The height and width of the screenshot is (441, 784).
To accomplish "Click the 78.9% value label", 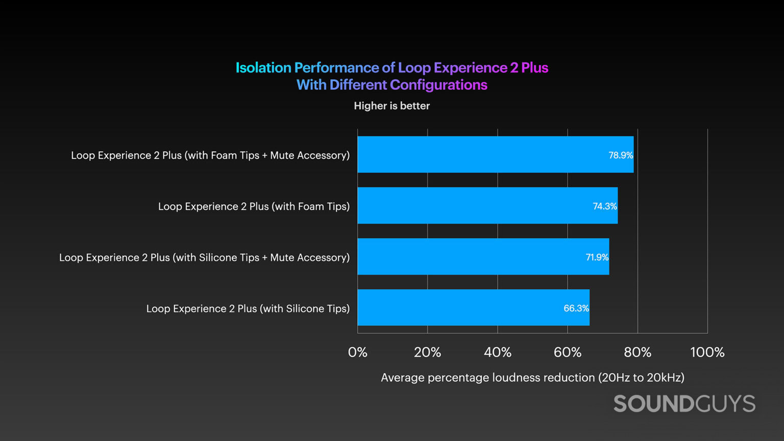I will click(620, 155).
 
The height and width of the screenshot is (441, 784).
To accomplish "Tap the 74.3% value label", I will click(604, 206).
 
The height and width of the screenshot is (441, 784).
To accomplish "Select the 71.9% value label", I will click(597, 257).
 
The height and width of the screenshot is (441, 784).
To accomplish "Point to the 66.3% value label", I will click(576, 308).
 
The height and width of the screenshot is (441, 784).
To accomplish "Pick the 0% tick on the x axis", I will click(357, 352).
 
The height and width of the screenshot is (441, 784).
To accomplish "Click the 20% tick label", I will click(427, 352).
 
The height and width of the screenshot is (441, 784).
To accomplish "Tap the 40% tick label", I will click(497, 352).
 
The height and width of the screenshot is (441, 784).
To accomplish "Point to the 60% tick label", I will click(567, 352).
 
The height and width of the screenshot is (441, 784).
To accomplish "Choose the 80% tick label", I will click(637, 352).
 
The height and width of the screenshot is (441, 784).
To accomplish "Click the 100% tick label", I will click(707, 352).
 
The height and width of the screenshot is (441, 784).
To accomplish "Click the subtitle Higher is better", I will click(391, 106).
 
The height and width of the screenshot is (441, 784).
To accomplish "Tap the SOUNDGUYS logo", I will click(684, 404).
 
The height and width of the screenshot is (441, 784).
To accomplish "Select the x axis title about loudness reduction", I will click(532, 378).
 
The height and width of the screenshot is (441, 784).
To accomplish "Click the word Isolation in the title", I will click(263, 68).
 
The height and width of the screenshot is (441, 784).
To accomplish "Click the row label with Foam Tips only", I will click(254, 206).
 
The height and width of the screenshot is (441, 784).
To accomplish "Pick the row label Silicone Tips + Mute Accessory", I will click(204, 257).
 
